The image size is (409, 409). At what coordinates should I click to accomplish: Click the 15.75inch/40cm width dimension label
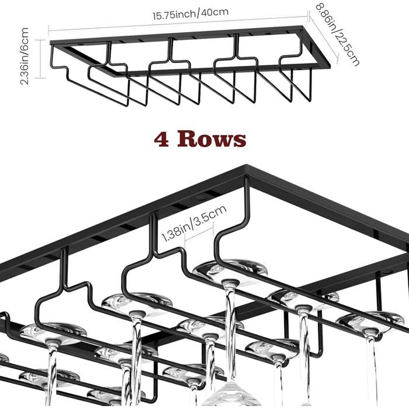pyautogui.click(x=190, y=14)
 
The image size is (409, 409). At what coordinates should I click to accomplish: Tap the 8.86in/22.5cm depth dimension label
pyautogui.click(x=338, y=34)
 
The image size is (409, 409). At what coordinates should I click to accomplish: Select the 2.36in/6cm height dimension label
pyautogui.click(x=25, y=56)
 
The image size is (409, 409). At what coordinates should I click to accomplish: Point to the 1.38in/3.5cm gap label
pyautogui.click(x=194, y=223)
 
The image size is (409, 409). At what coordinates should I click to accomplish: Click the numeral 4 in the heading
pyautogui.click(x=161, y=140)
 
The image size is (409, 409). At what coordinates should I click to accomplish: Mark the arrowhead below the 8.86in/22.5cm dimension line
pyautogui.click(x=337, y=61)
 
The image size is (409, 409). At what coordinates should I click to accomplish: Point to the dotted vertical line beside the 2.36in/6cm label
pyautogui.click(x=41, y=59)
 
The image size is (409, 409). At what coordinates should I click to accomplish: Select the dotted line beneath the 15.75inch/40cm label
pyautogui.click(x=179, y=23)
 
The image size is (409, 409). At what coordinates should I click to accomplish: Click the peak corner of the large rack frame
pyautogui.click(x=246, y=165)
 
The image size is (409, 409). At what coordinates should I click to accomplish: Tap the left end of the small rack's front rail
pyautogui.click(x=51, y=42)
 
